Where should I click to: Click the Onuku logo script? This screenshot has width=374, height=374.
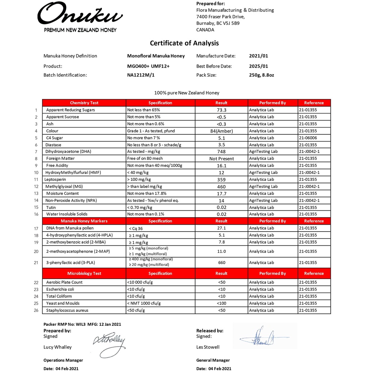80,15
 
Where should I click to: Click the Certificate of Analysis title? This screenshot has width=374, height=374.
184,43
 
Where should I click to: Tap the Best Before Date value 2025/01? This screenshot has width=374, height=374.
258,66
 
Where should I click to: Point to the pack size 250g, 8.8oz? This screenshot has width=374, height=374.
261,75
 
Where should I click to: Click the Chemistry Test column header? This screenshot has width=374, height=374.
84,103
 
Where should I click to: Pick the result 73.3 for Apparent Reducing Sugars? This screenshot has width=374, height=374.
221,110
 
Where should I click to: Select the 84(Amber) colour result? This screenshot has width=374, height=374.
221,131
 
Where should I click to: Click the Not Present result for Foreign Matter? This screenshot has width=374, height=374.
221,159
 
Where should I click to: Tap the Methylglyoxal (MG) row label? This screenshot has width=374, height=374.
65,187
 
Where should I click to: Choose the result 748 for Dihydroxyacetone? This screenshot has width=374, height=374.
221,152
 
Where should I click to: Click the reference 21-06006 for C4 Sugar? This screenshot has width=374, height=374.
309,138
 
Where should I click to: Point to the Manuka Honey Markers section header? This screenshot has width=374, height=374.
84,221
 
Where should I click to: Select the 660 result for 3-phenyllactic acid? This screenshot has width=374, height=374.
221,263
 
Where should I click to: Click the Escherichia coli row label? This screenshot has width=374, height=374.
60,289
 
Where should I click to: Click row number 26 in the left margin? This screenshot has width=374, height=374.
36,310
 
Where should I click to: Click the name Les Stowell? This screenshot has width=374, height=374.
208,347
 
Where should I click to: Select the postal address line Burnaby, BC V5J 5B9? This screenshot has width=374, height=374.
218,23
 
